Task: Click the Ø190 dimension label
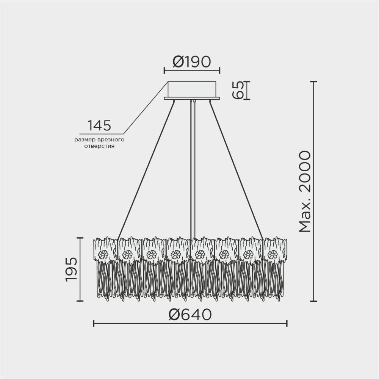(x=191, y=61)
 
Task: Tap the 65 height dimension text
(x=238, y=91)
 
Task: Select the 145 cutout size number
(x=99, y=125)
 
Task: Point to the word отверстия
(x=100, y=146)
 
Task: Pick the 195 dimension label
(x=71, y=269)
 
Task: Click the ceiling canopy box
(x=192, y=89)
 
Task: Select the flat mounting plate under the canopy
(x=192, y=99)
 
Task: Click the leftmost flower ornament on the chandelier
(x=103, y=255)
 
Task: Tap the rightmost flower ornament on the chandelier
(x=272, y=255)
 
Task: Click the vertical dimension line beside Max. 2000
(x=313, y=191)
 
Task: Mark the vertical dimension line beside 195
(x=80, y=269)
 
